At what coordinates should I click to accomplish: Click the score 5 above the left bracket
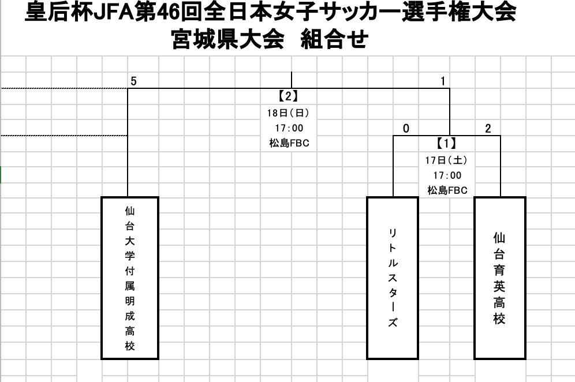click(133, 81)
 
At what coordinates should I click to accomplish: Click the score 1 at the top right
click(443, 81)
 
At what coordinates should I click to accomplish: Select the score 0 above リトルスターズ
click(406, 128)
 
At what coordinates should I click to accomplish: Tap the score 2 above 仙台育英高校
click(488, 128)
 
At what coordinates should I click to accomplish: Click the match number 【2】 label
click(288, 96)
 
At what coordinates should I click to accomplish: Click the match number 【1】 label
click(447, 143)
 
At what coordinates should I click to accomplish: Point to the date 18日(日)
click(288, 113)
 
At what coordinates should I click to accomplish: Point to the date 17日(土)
click(447, 160)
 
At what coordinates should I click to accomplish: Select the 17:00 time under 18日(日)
click(289, 128)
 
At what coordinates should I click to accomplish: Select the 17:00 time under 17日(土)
click(447, 175)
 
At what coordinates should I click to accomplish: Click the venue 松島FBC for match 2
click(289, 143)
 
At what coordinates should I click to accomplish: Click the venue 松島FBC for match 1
click(447, 190)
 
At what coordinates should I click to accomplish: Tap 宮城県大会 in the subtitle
click(227, 39)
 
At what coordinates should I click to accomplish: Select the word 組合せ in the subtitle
click(334, 39)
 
